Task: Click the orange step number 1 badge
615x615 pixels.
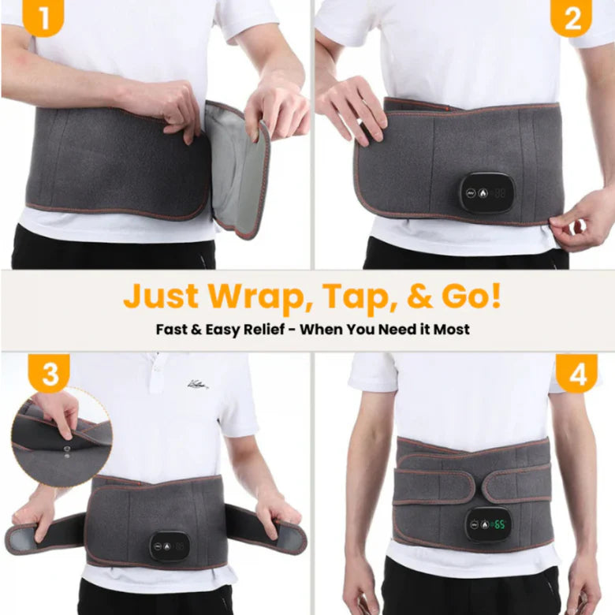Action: point(43,17)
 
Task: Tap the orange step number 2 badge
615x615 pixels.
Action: point(571,17)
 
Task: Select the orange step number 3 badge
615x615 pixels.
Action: point(49,373)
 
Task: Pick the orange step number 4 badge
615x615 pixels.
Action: point(576,373)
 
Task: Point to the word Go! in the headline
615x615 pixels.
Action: point(471,296)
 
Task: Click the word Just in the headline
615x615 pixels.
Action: point(162,296)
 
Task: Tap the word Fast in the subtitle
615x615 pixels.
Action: point(171,329)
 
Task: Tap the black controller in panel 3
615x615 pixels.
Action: point(170,546)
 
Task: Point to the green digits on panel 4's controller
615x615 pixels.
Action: point(499,524)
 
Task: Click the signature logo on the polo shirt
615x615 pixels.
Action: point(197,384)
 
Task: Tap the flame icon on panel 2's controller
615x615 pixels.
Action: point(483,193)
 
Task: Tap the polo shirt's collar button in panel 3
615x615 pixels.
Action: point(157,369)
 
